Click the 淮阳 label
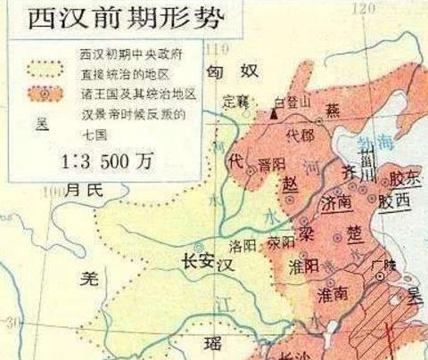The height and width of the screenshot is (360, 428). (304, 265)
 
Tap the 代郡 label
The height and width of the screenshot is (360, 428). (299, 138)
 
